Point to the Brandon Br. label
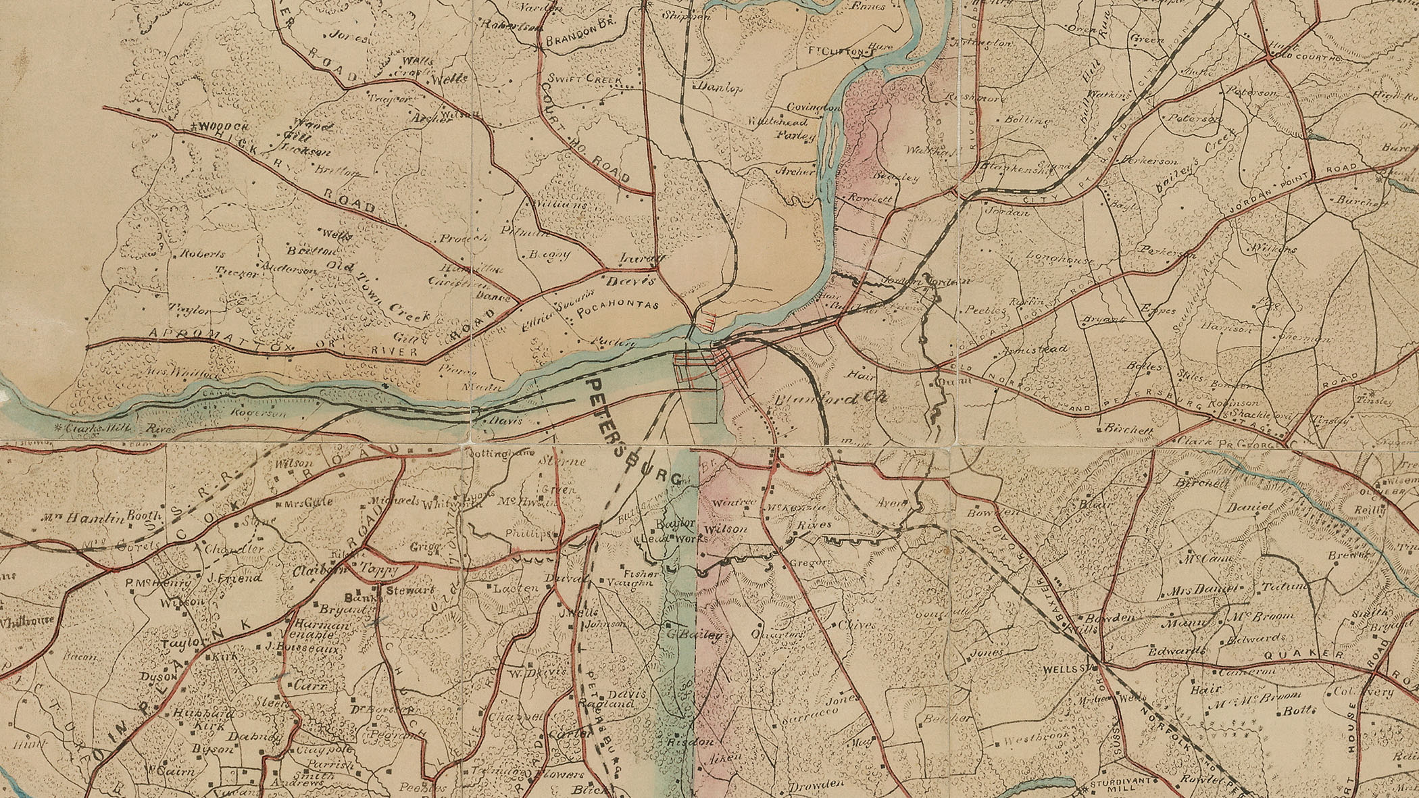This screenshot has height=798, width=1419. click(x=573, y=41)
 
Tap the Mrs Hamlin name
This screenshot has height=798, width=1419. click(x=67, y=519)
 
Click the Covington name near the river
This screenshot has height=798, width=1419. click(x=816, y=107)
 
